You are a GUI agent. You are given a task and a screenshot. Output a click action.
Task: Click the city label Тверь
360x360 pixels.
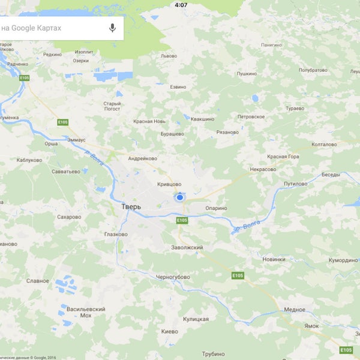131,206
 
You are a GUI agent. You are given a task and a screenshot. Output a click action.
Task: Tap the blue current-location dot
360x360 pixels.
179,197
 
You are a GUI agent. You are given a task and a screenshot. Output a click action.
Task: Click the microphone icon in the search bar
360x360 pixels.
112,28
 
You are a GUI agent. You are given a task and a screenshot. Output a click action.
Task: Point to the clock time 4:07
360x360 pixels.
181,5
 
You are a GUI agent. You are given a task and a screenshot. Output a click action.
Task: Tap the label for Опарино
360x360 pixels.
216,208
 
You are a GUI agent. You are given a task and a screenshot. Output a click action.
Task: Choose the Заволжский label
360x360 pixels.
187,247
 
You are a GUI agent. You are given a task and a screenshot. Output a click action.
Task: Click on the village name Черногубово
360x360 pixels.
173,277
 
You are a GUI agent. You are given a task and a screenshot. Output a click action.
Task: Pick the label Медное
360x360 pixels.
295,310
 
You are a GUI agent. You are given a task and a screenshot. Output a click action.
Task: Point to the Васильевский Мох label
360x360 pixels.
86,312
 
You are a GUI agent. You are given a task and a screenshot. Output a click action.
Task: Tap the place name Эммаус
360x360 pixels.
76,139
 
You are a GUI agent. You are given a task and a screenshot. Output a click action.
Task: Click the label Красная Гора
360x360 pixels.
283,157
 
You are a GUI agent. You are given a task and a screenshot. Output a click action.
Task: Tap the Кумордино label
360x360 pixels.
342,260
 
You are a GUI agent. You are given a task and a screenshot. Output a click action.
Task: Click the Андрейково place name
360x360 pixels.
142,158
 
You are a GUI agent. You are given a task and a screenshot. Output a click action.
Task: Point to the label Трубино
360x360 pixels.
213,353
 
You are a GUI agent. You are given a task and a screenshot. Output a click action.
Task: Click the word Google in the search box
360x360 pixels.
30,28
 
